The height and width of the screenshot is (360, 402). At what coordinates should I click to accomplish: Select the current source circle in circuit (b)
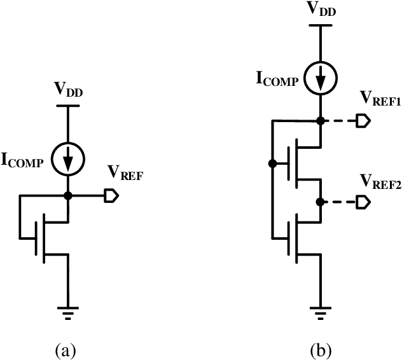click(x=321, y=79)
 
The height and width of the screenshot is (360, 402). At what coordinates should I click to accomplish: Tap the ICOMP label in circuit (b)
click(x=275, y=80)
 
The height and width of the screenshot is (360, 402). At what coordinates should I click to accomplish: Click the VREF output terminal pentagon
click(x=111, y=197)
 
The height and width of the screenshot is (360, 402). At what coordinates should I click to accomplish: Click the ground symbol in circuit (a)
click(x=67, y=312)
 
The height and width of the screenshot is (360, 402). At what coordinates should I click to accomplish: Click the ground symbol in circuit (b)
click(x=321, y=312)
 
